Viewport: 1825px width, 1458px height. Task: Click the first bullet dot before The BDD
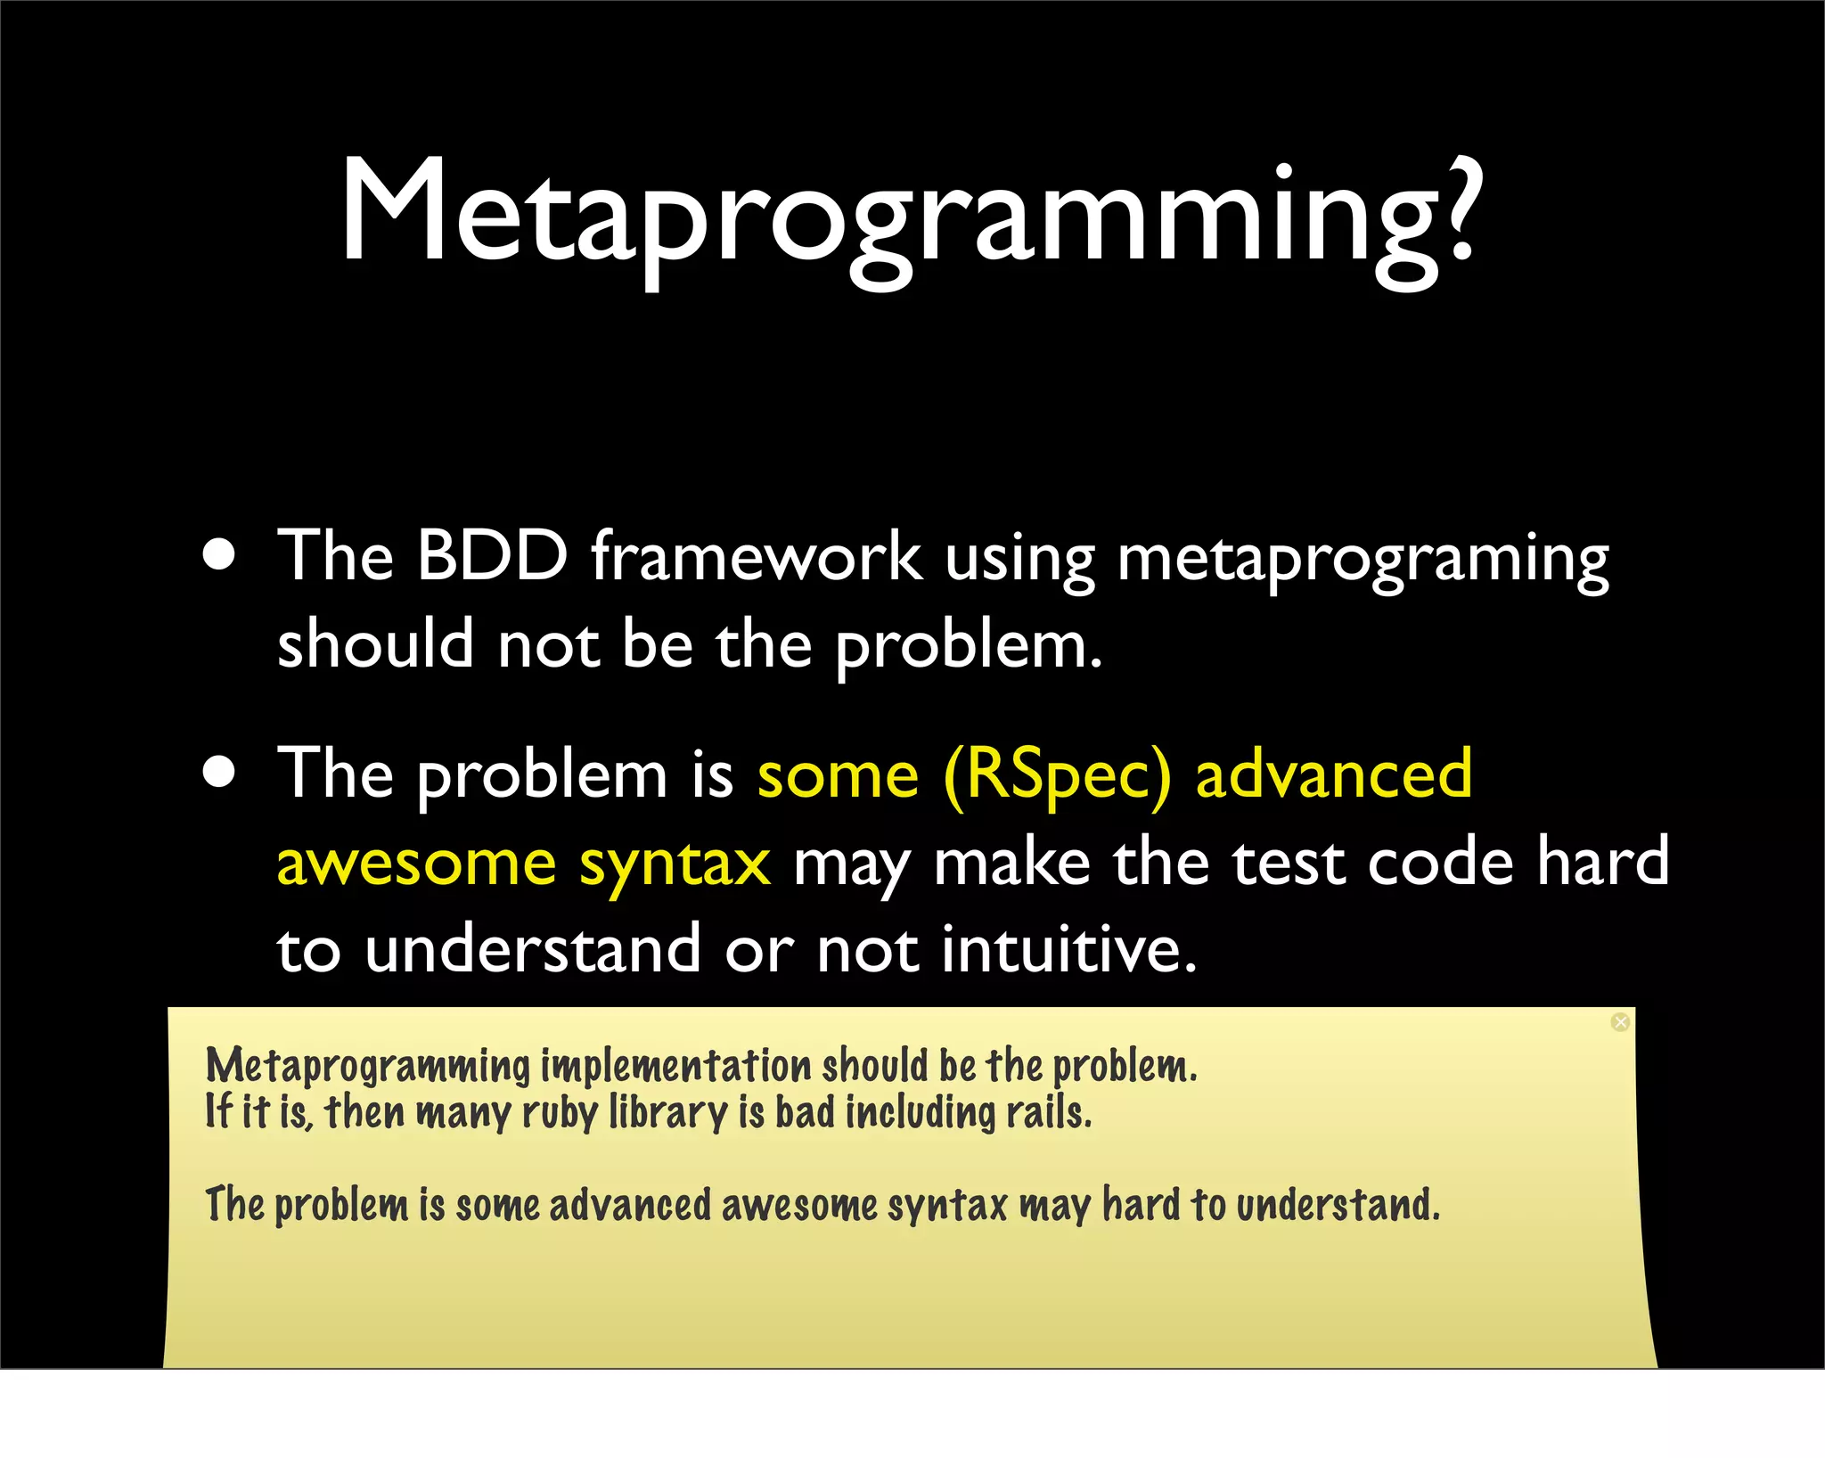click(x=219, y=554)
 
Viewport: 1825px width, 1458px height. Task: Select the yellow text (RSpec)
click(x=1057, y=775)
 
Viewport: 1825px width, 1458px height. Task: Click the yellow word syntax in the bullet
click(x=675, y=864)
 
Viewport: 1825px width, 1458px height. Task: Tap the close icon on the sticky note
click(x=1621, y=1022)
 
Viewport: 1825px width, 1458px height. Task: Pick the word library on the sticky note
click(x=668, y=1114)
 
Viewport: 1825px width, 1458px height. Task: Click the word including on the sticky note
click(x=920, y=1114)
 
